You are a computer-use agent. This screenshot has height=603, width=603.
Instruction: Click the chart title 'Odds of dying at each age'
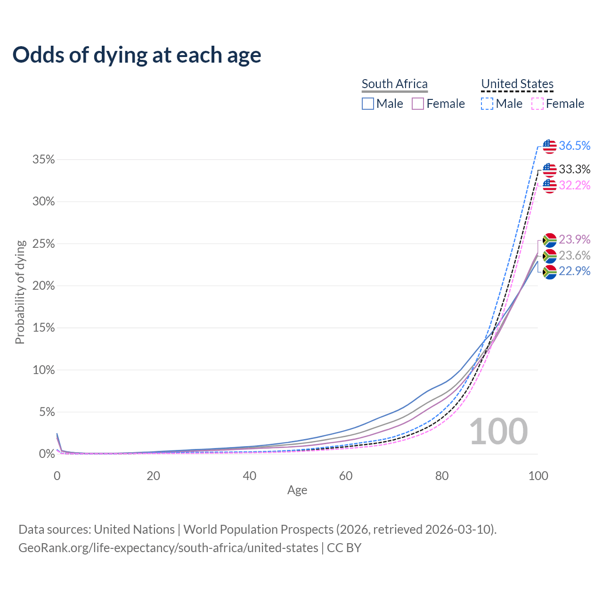[x=137, y=55]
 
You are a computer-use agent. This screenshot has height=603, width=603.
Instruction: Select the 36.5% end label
[x=574, y=146]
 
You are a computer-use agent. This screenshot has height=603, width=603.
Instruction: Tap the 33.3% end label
[x=574, y=169]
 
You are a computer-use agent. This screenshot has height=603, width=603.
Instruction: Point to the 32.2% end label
[x=574, y=185]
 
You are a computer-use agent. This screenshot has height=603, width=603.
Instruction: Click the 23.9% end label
[x=574, y=239]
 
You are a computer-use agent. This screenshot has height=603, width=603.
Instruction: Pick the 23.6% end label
[x=574, y=255]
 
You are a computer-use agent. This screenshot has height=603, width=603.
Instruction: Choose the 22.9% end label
[x=574, y=271]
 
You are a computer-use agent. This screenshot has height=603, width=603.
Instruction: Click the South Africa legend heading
[x=395, y=84]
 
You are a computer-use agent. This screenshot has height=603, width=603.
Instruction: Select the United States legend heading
[x=517, y=84]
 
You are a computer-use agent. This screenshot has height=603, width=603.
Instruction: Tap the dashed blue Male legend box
[x=487, y=104]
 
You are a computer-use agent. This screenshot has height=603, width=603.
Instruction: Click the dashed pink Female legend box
[x=538, y=104]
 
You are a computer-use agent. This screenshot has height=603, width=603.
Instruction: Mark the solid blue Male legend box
[x=368, y=104]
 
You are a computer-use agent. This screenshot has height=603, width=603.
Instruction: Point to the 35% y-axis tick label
[x=44, y=160]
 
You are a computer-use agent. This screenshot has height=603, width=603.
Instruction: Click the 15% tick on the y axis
[x=44, y=328]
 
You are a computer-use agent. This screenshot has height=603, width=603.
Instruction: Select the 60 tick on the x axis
[x=346, y=476]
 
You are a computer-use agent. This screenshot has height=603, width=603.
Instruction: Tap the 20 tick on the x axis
[x=153, y=476]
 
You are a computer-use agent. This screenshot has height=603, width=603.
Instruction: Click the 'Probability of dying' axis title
[x=20, y=292]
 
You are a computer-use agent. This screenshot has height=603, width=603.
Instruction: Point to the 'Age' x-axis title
[x=297, y=490]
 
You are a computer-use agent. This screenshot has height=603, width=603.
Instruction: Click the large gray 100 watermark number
[x=498, y=432]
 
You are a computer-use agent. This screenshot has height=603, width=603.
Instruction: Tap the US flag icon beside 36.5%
[x=549, y=147]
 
